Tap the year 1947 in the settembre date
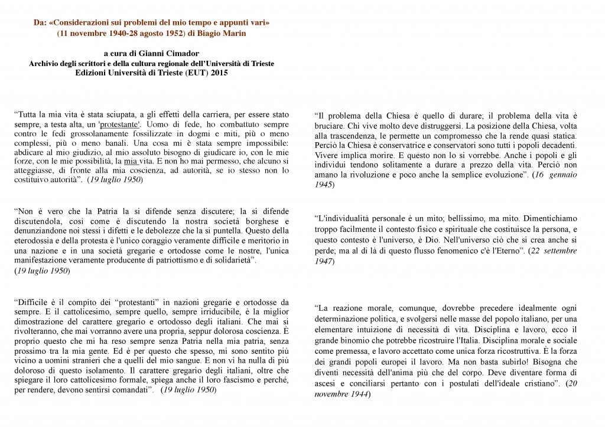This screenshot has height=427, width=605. coord(323,261)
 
